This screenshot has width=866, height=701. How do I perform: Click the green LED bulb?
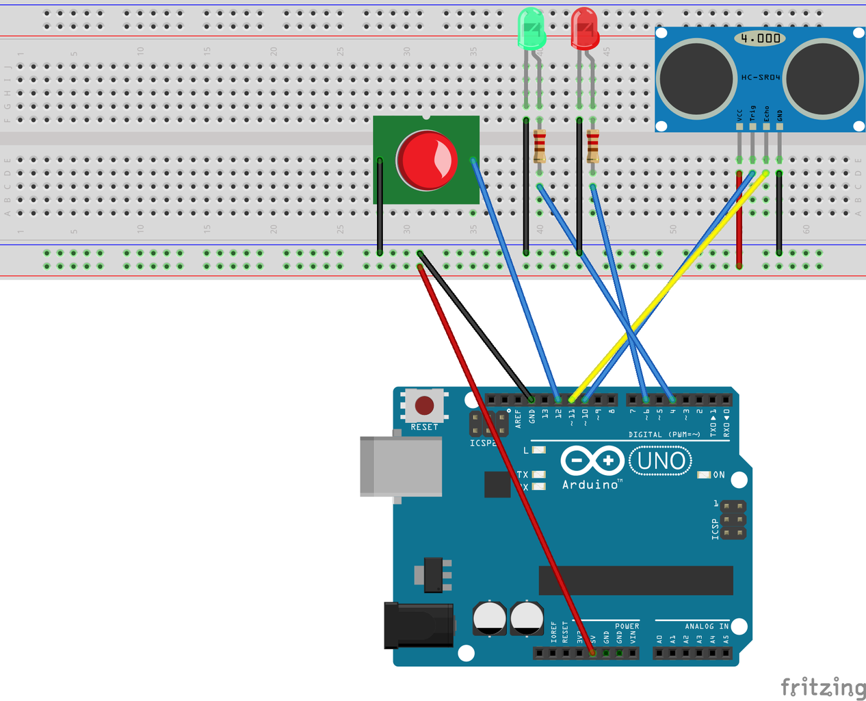click(x=532, y=29)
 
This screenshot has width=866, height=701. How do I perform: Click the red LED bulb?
click(x=585, y=29)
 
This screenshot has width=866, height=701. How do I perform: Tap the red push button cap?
click(x=426, y=160)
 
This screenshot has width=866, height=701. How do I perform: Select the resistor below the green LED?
click(x=539, y=145)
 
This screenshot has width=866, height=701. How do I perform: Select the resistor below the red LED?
click(x=592, y=145)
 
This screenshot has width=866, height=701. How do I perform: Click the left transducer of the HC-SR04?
click(x=697, y=78)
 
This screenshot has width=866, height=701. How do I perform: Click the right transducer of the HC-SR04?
click(x=822, y=78)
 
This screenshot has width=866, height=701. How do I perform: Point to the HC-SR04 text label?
click(x=761, y=77)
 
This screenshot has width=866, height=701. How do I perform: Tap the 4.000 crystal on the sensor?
click(x=760, y=38)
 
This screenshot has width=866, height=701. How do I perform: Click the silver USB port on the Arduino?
click(x=401, y=467)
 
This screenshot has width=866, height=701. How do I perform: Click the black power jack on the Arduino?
click(x=418, y=625)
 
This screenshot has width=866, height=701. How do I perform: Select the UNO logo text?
click(x=660, y=461)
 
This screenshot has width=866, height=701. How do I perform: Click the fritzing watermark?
click(x=823, y=687)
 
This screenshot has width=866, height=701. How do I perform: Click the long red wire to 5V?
click(x=506, y=459)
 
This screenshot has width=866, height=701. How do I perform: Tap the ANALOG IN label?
click(x=707, y=626)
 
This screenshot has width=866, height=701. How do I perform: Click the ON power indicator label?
click(x=718, y=474)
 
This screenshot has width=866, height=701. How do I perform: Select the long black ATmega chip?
click(x=635, y=581)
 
